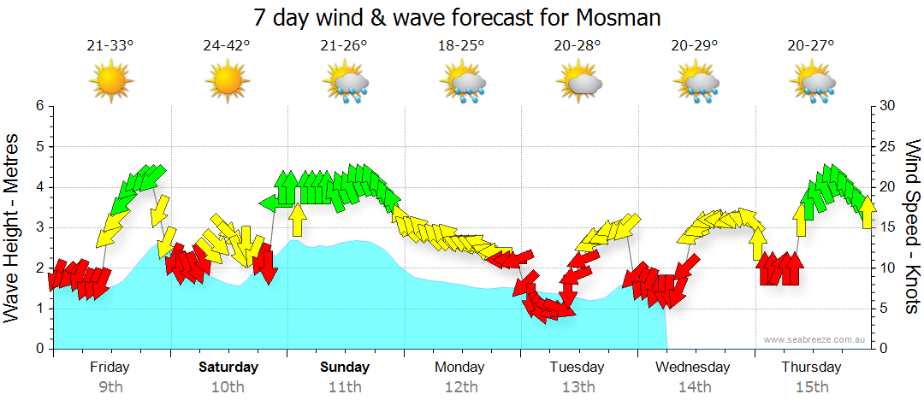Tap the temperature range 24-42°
[227, 46]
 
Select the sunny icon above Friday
[110, 84]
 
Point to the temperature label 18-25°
[461, 46]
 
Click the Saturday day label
[228, 368]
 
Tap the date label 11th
[345, 387]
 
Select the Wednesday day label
[693, 368]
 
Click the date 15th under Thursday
[811, 387]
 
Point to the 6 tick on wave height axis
[38, 106]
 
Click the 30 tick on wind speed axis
[888, 106]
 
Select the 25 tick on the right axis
[888, 146]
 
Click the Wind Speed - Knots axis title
[912, 227]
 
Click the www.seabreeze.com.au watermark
[815, 339]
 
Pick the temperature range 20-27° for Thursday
[811, 46]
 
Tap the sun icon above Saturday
[227, 84]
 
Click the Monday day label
[460, 368]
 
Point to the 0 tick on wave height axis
[38, 349]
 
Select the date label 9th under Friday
[110, 387]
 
